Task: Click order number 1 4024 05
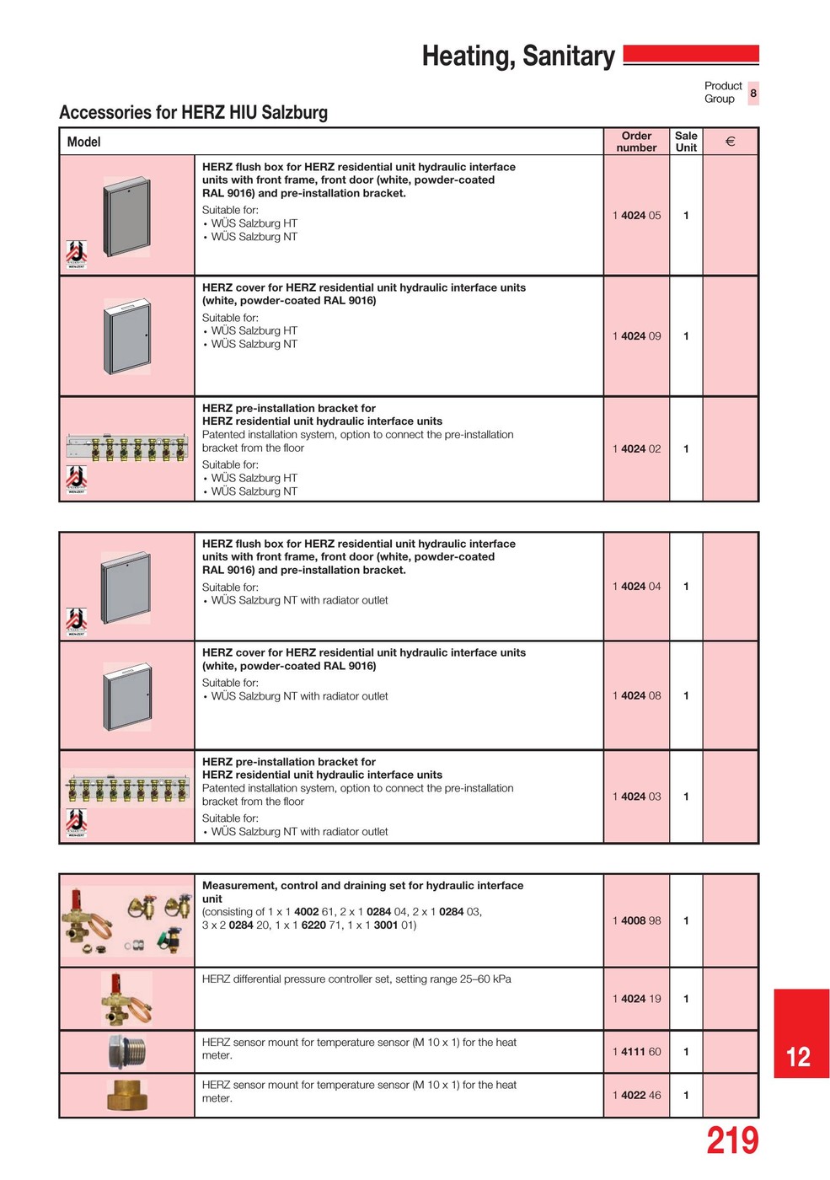pos(636,216)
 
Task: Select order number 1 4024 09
pos(636,336)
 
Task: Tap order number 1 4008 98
pos(636,920)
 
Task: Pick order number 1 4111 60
pos(636,1052)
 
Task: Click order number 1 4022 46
pos(636,1095)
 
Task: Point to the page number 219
pos(732,1140)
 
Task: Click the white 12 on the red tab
pos(798,1057)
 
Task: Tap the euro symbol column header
pos(730,142)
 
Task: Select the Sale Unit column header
pos(686,142)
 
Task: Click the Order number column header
pos(636,142)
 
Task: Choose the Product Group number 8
pos(753,94)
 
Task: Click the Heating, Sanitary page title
pos(518,56)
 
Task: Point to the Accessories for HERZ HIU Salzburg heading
pos(193,112)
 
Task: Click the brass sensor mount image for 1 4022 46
pos(127,1095)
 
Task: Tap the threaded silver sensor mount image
pos(127,1052)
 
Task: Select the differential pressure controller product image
pos(127,999)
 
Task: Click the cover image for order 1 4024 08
pos(127,696)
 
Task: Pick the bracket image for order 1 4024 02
pos(127,448)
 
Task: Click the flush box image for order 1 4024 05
pos(126,217)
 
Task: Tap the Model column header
pos(83,142)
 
